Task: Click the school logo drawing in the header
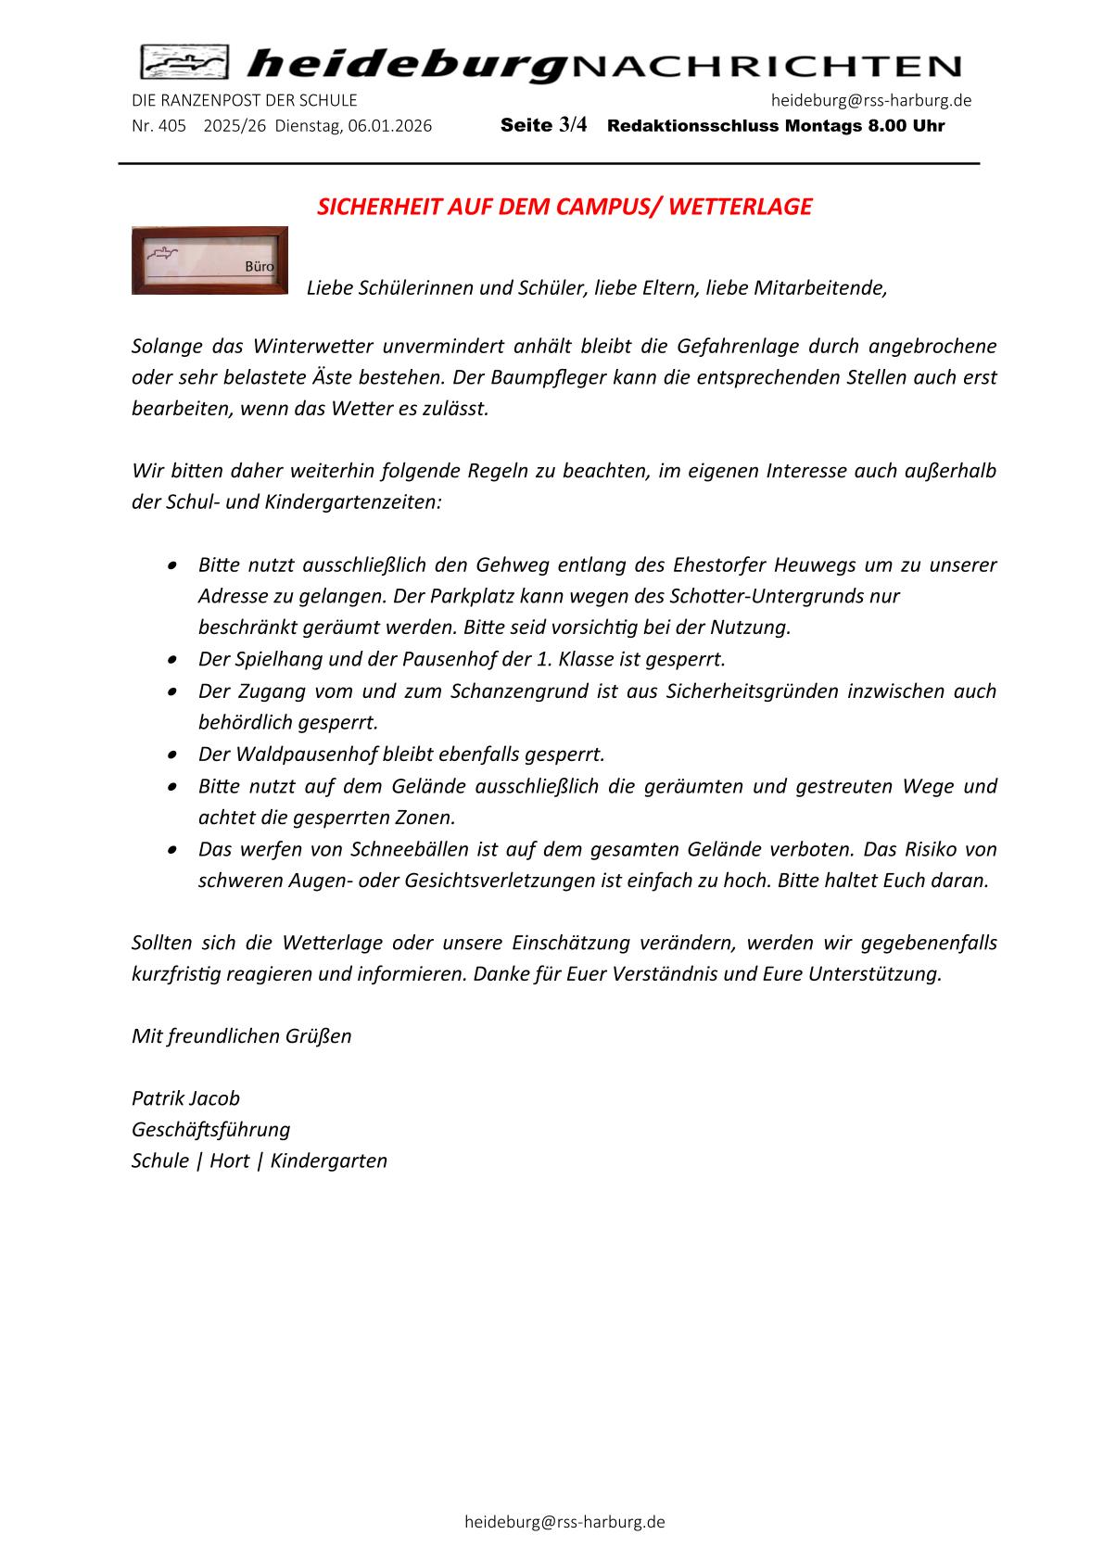click(x=184, y=63)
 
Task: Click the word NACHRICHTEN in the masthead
click(x=767, y=67)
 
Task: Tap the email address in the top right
click(x=870, y=100)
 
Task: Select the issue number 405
click(x=172, y=126)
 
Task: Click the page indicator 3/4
click(x=573, y=125)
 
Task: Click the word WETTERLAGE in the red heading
click(x=739, y=207)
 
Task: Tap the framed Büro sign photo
click(x=209, y=260)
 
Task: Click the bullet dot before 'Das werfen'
click(x=173, y=849)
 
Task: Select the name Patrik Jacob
click(x=185, y=1098)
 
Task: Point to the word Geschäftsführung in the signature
click(x=210, y=1129)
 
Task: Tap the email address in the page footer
click(x=564, y=1522)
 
